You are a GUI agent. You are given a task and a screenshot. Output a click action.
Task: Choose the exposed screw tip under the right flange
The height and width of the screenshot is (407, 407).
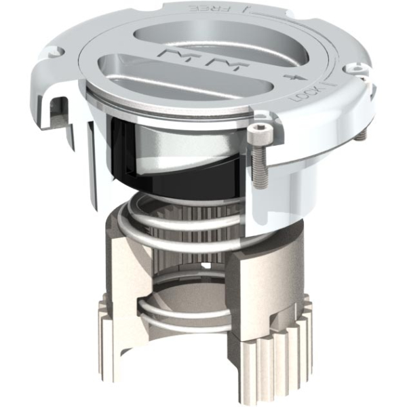coord(360,134)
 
